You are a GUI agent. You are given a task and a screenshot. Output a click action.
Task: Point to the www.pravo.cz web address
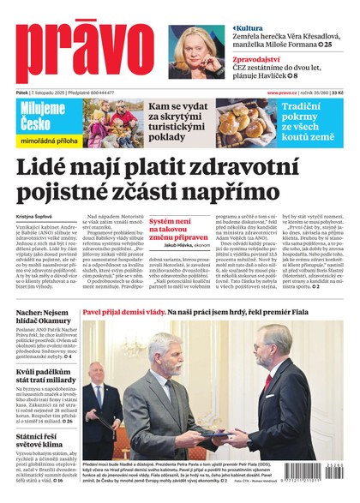pos(290,92)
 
